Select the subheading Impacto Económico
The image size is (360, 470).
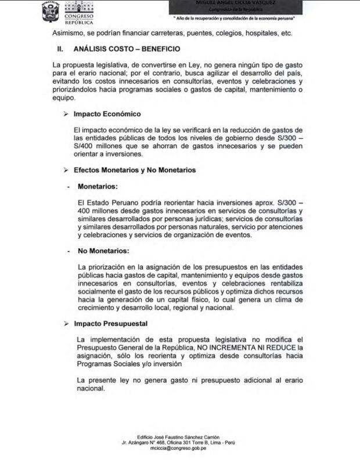click(107, 114)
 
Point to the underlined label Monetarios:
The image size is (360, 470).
click(98, 187)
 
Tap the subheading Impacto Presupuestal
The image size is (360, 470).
click(110, 323)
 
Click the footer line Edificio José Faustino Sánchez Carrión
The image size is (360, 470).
click(180, 436)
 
